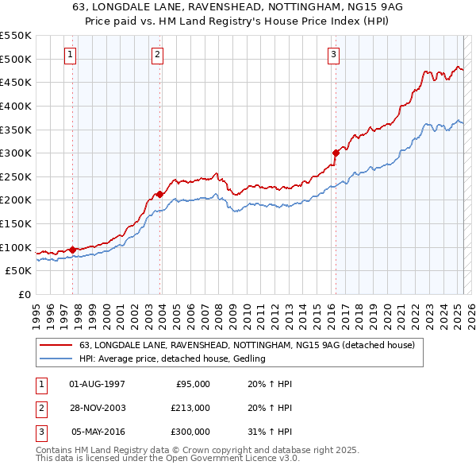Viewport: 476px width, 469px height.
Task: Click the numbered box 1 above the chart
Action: pyautogui.click(x=71, y=55)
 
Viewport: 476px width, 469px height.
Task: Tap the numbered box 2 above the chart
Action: pyautogui.click(x=158, y=55)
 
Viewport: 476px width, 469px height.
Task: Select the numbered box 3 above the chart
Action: pyautogui.click(x=334, y=55)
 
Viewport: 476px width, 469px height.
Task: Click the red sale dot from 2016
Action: pyautogui.click(x=336, y=153)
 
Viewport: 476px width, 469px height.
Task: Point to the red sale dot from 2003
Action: pyautogui.click(x=160, y=194)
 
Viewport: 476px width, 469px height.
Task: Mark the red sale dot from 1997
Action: pyautogui.click(x=72, y=250)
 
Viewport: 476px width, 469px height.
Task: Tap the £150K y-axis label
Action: pyautogui.click(x=16, y=223)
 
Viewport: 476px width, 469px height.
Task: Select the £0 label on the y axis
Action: pyautogui.click(x=24, y=294)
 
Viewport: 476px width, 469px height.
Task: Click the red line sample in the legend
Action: pyautogui.click(x=56, y=346)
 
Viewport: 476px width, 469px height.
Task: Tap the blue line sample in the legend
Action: pyautogui.click(x=56, y=359)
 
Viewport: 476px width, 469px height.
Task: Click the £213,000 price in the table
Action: pyautogui.click(x=190, y=408)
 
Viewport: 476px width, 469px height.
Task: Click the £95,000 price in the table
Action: pyautogui.click(x=192, y=384)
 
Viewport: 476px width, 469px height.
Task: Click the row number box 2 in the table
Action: pyautogui.click(x=40, y=408)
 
